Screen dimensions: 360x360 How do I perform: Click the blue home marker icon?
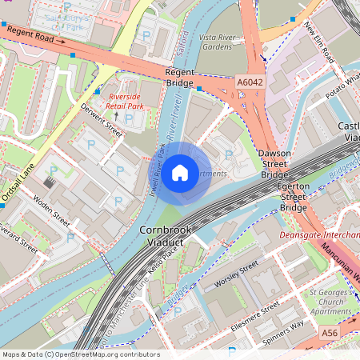coord(180,172)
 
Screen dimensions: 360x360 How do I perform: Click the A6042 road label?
coord(250,82)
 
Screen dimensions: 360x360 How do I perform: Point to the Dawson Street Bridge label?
coord(274,163)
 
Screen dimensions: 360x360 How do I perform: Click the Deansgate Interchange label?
coord(319,235)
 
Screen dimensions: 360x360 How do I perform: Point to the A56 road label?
coord(329,332)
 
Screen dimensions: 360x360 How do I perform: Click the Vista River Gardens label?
coord(218,42)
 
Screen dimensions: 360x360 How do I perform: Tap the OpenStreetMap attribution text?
coord(80,354)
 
